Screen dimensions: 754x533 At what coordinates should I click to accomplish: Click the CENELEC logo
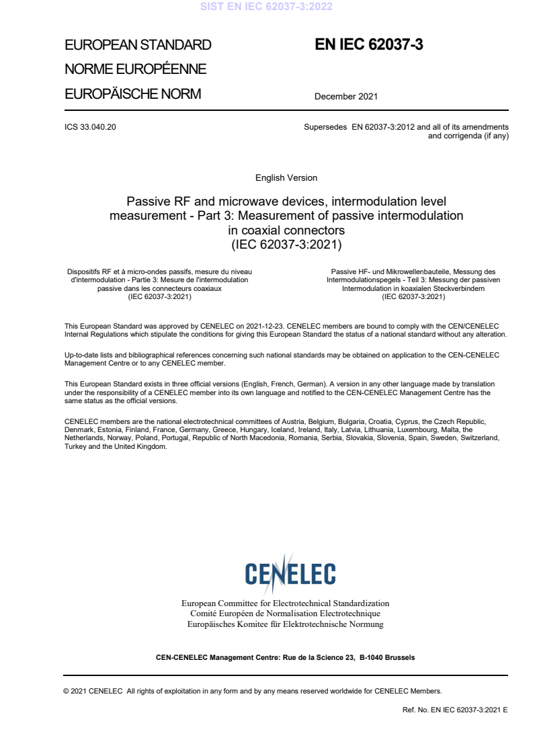290,573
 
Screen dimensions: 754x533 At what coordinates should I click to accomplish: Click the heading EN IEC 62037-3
368,45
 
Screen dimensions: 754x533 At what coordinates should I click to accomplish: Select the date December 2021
346,96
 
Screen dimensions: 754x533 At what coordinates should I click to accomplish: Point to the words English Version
286,178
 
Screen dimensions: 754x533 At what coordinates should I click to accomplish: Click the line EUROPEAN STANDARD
138,46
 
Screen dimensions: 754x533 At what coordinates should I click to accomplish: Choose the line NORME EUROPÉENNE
135,69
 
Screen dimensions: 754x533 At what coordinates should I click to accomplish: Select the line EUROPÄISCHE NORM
132,93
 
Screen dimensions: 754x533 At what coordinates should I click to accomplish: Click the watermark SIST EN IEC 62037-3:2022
267,7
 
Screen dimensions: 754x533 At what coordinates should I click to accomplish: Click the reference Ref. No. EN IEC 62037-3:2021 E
455,709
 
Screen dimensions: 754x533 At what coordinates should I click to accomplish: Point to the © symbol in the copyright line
67,690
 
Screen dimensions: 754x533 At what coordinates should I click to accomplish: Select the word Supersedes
325,126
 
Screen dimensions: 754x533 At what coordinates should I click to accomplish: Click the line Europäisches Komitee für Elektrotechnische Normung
286,624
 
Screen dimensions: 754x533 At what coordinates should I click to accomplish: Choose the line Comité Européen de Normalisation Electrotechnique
286,614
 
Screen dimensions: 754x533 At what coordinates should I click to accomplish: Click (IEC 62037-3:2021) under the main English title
286,245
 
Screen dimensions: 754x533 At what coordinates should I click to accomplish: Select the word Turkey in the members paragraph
75,446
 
